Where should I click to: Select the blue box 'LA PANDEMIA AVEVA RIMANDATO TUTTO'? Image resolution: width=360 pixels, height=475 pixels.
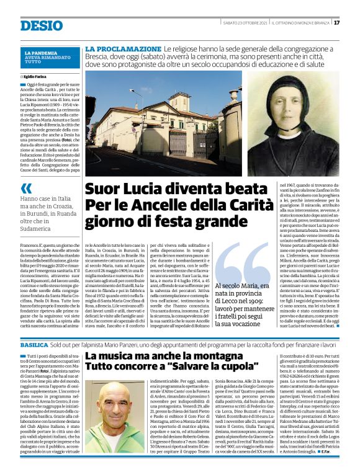tap(50, 58)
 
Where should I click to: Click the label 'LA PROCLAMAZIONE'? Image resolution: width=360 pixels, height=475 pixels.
tap(123, 48)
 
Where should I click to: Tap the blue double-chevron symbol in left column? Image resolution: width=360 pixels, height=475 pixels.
tap(26, 188)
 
